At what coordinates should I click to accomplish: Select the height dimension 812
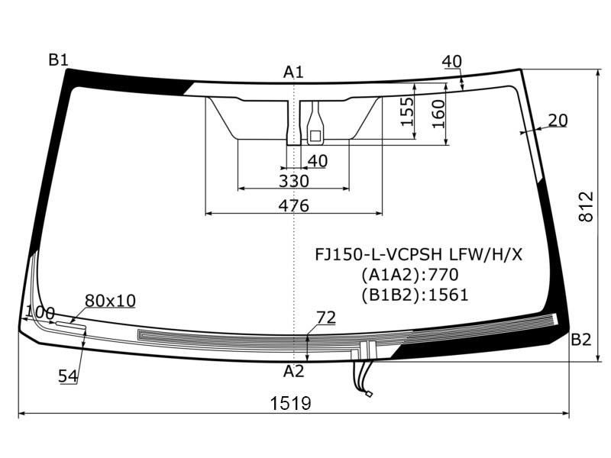click(586, 206)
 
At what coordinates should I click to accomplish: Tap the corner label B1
click(59, 60)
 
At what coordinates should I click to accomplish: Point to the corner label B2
click(581, 340)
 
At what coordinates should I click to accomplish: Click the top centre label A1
click(293, 73)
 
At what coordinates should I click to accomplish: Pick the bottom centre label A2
click(293, 372)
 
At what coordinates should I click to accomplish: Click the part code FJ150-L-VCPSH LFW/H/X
click(419, 254)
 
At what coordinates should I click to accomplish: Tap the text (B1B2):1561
click(415, 295)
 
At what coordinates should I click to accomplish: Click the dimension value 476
click(293, 205)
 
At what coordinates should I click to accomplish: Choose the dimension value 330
click(293, 181)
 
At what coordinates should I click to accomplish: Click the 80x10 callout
click(110, 301)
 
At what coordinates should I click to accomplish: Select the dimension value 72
click(326, 318)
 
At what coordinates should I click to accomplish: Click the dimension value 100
click(40, 312)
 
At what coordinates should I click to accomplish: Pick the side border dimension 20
click(558, 120)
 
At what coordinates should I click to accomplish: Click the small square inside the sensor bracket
click(314, 135)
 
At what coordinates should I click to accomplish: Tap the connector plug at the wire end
click(368, 395)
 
